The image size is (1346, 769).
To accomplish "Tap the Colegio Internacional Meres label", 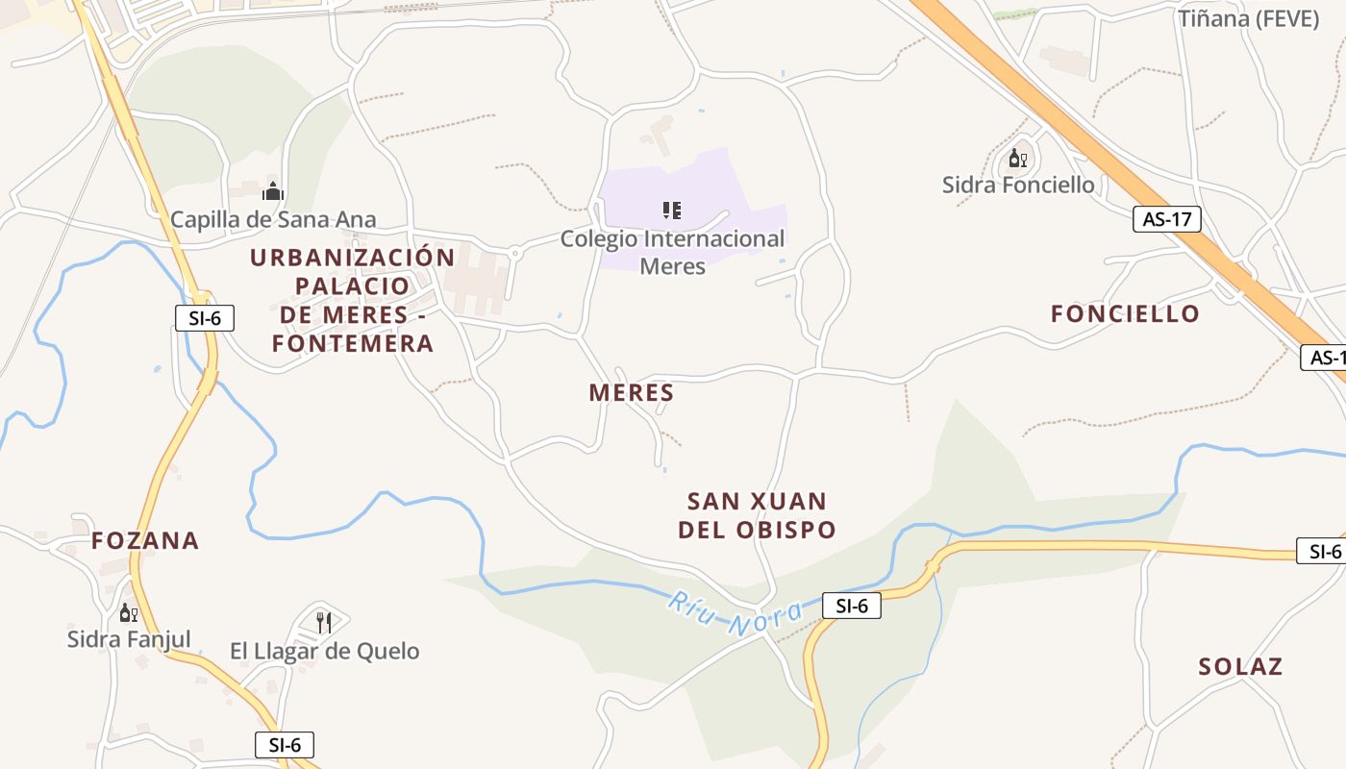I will click(672, 252).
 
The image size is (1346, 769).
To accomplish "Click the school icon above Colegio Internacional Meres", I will click(672, 210).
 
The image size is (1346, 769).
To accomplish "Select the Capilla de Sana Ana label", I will click(273, 219).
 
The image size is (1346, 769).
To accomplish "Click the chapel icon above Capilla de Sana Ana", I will click(273, 191).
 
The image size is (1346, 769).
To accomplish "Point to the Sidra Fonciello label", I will click(1018, 185).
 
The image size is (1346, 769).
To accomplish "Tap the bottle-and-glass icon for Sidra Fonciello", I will click(1017, 158).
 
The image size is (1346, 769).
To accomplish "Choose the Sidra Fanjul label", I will click(129, 638).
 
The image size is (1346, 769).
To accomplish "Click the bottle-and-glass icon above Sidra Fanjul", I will click(128, 612).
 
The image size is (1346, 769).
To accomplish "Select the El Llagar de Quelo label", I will click(324, 651).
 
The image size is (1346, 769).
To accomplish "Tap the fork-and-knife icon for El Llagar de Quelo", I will click(324, 623).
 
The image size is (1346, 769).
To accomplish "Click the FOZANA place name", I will click(145, 540).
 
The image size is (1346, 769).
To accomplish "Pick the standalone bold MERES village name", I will click(631, 392).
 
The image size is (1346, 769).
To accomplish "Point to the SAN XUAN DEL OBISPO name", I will click(757, 515).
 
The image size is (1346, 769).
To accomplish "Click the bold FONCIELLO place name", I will click(1125, 313).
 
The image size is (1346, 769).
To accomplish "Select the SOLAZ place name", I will click(1240, 666).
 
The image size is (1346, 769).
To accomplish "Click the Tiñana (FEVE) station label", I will click(1248, 17).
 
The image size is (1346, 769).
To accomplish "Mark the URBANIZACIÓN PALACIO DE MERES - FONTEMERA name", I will click(352, 300).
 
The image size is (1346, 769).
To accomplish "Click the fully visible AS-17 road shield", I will click(1167, 219).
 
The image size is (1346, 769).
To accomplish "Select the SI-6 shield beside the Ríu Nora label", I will click(852, 606).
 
